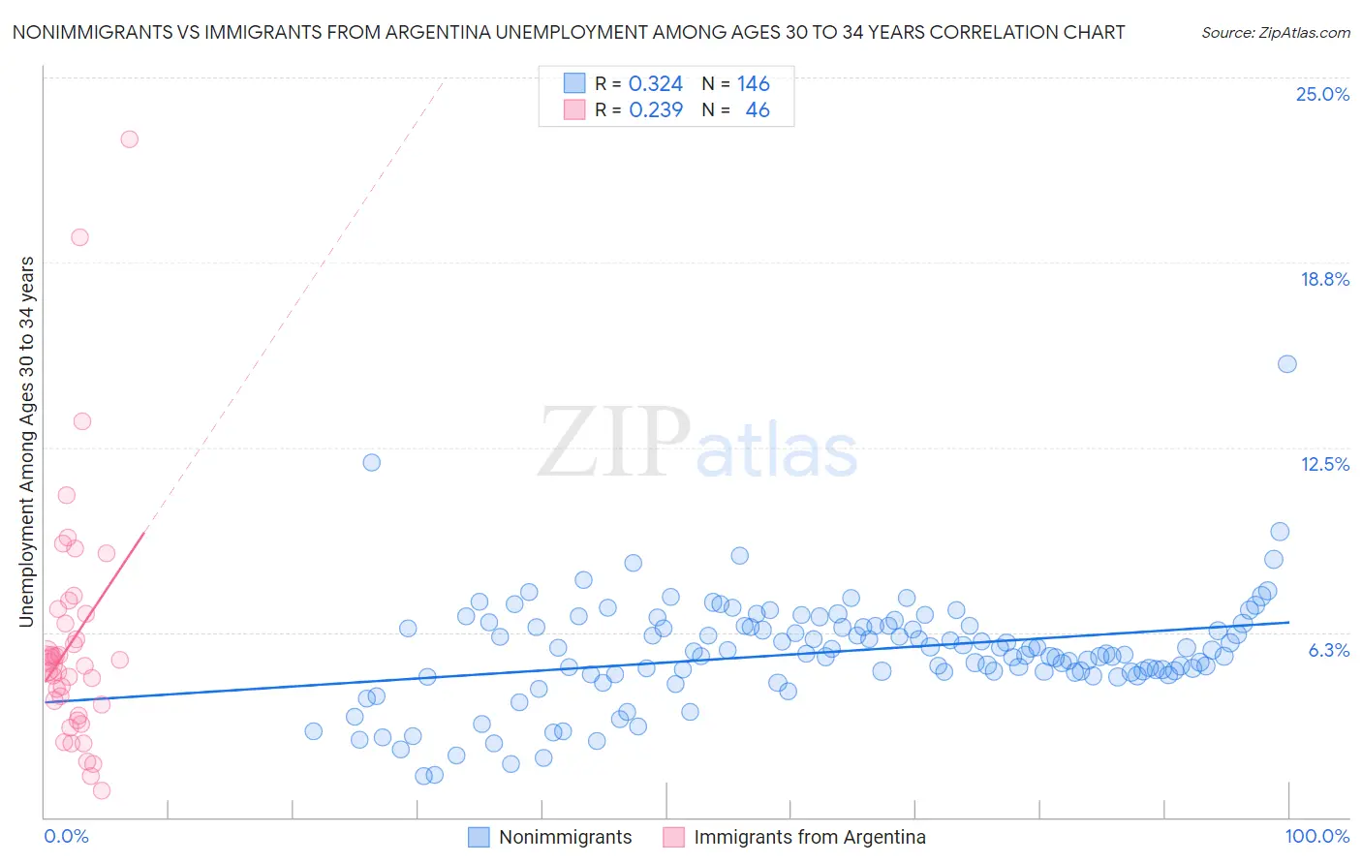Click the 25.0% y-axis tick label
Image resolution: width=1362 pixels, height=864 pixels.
[1322, 94]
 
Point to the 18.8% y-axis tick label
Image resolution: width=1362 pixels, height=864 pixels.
[1324, 279]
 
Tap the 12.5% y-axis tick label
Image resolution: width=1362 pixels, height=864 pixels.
[1324, 464]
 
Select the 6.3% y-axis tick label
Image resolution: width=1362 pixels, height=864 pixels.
[1328, 650]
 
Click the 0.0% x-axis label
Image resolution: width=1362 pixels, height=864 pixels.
[66, 836]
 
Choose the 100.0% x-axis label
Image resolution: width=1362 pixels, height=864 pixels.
[1316, 836]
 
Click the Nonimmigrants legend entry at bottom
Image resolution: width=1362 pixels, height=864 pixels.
[565, 837]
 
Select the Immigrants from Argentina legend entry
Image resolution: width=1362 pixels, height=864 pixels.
[809, 837]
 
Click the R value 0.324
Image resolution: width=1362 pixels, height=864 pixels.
[656, 84]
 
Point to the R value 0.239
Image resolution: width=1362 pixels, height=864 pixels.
[656, 110]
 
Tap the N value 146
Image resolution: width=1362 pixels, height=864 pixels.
[753, 84]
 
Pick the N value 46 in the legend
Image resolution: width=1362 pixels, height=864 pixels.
[757, 110]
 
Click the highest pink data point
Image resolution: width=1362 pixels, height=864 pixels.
[129, 139]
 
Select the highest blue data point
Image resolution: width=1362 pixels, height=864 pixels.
[1286, 364]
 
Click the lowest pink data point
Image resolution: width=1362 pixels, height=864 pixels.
[101, 790]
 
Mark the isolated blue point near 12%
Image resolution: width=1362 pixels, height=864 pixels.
[371, 462]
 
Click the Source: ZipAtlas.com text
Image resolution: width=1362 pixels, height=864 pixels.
[1275, 33]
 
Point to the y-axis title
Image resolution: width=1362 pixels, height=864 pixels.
[26, 442]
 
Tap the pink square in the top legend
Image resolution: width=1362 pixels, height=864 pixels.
[574, 109]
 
